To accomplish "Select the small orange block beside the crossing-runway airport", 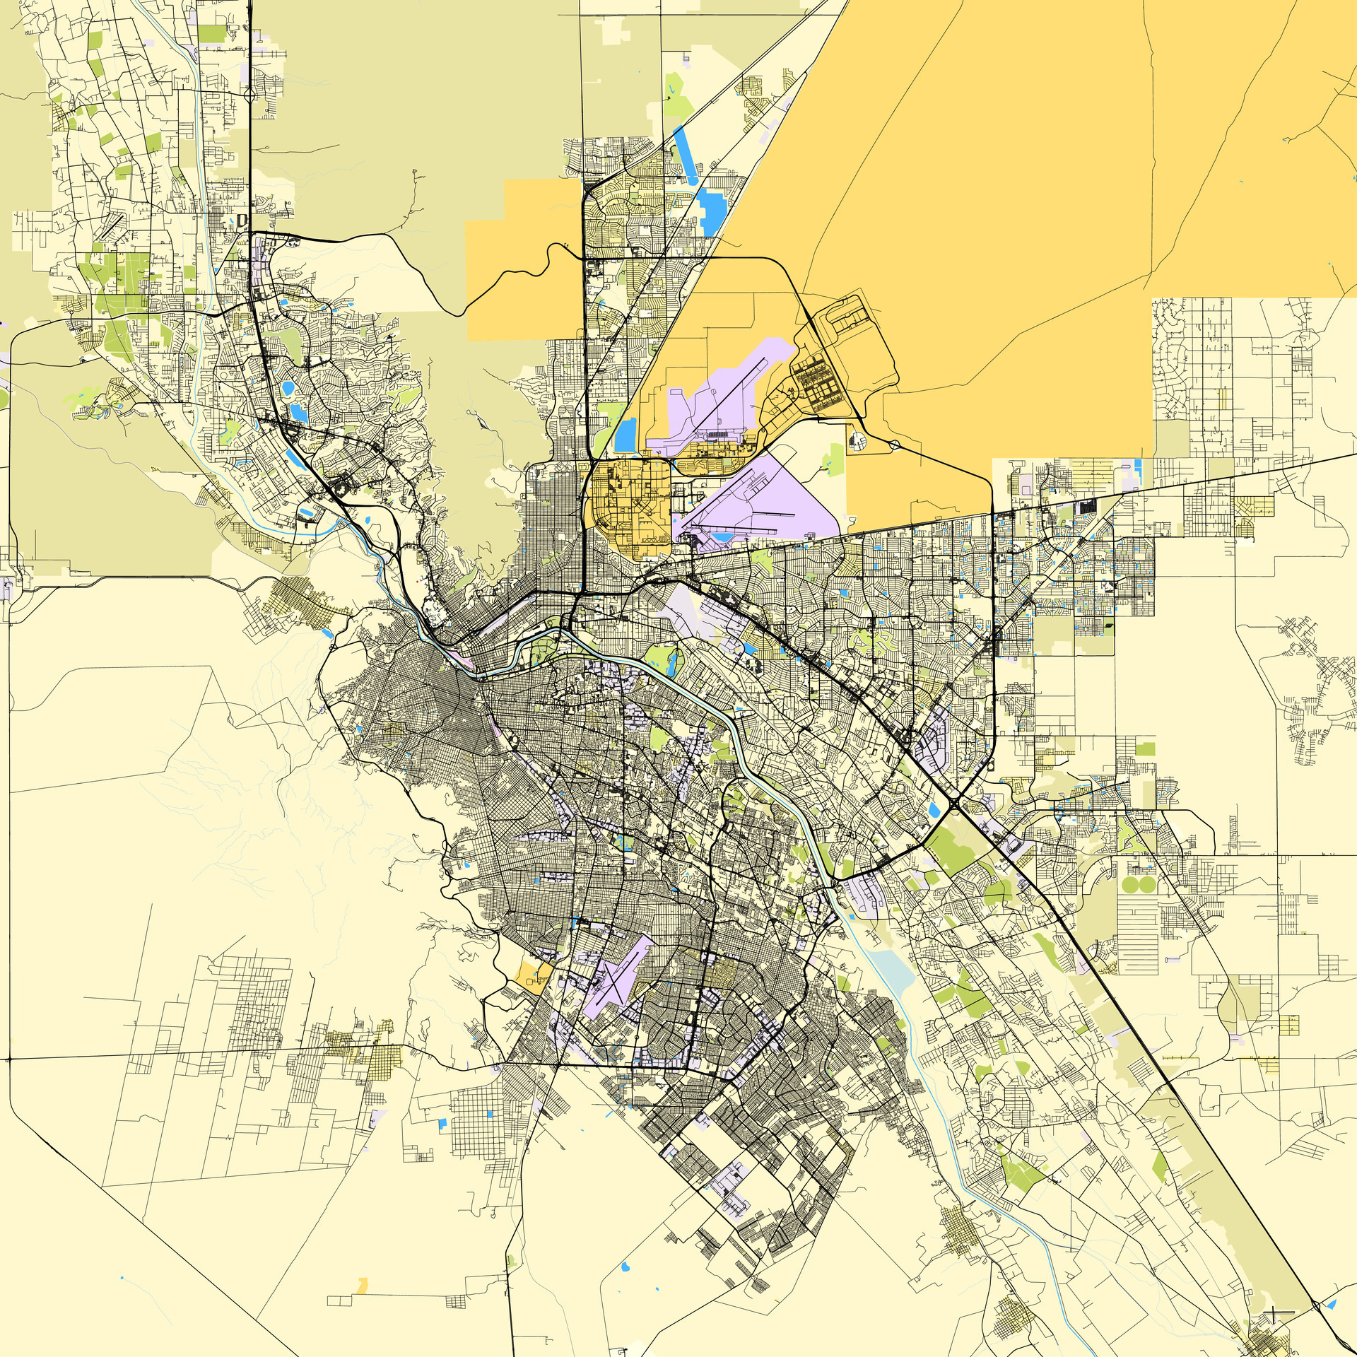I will point(529,975).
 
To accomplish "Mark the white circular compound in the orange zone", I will point(857,442).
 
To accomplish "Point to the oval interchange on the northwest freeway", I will point(249,93).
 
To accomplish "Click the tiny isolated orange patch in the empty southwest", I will point(363,1285).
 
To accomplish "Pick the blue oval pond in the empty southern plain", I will point(625,1264).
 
